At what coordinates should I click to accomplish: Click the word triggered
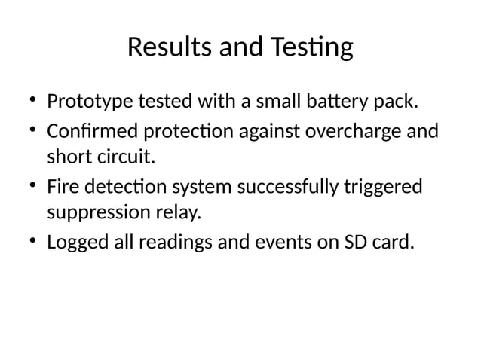point(388,187)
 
